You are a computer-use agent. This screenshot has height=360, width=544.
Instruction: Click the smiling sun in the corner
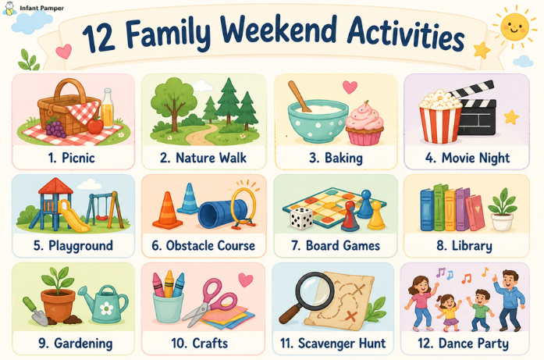click(515, 27)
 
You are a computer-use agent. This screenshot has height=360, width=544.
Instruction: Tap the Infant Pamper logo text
click(41, 8)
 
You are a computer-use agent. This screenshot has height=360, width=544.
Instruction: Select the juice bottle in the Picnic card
click(107, 109)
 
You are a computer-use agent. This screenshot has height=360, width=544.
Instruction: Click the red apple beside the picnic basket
click(95, 125)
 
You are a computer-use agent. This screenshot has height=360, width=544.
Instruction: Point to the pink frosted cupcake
click(364, 123)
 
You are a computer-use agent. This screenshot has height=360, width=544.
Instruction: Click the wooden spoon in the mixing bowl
click(297, 96)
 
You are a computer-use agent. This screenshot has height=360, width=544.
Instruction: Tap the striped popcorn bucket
click(440, 116)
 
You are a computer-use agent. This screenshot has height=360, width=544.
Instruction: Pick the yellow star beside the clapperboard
click(511, 117)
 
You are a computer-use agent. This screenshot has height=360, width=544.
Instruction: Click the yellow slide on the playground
click(74, 216)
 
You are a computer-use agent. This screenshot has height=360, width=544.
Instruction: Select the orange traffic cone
click(167, 211)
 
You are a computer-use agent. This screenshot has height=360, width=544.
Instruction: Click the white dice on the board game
click(301, 218)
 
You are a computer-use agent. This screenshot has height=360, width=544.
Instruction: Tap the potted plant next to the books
click(502, 209)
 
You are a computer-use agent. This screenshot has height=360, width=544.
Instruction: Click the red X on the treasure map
click(351, 316)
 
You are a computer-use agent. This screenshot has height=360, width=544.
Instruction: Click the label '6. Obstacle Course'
click(203, 245)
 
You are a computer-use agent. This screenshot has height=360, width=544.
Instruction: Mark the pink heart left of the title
click(64, 51)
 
